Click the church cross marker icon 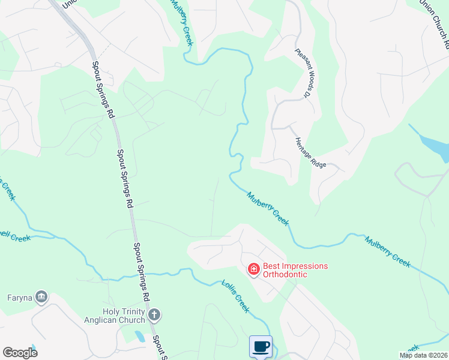(155, 314)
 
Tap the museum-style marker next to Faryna (41, 296)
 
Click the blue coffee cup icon (261, 347)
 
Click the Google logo (20, 353)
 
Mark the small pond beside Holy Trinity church (140, 336)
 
